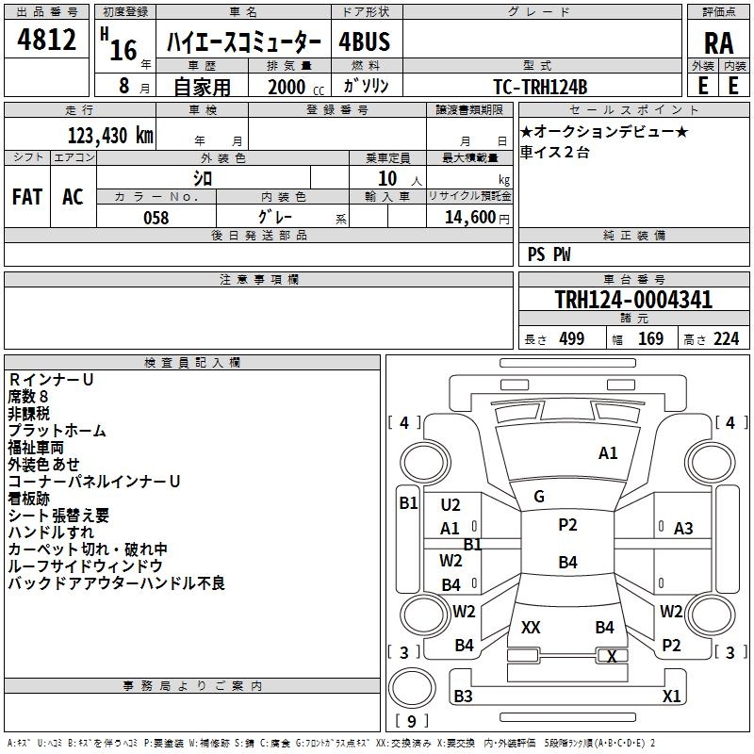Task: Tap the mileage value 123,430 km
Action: (x=111, y=135)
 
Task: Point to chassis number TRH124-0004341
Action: (x=633, y=301)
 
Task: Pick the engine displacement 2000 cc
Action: (x=287, y=87)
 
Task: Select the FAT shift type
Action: (x=26, y=197)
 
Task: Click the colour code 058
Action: (x=156, y=218)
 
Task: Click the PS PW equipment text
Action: (x=549, y=254)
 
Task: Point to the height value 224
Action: (x=726, y=339)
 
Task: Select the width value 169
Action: (x=650, y=339)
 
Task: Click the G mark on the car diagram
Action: (x=539, y=496)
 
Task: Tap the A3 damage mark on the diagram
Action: (x=683, y=529)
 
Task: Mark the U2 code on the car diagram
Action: (x=451, y=505)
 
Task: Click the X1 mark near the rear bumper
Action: (x=672, y=697)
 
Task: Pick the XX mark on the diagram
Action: (x=531, y=627)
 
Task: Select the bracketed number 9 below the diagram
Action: (x=411, y=722)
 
